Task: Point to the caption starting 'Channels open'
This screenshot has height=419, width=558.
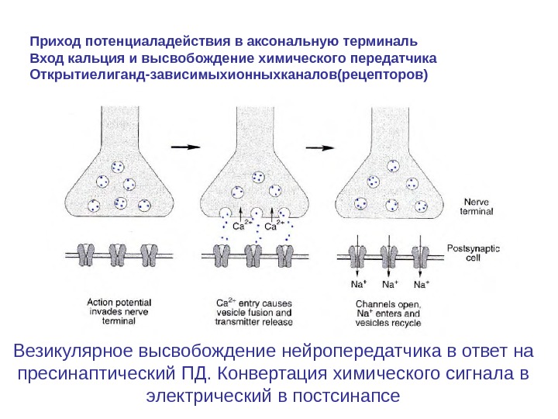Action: tap(387, 312)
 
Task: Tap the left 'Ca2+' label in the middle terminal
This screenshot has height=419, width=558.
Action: tap(242, 227)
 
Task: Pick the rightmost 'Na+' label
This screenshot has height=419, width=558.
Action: tap(422, 284)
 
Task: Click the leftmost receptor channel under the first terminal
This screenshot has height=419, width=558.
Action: tap(87, 254)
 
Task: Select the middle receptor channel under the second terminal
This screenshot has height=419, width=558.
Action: tap(254, 254)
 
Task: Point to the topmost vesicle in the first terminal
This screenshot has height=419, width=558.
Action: tap(118, 167)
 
